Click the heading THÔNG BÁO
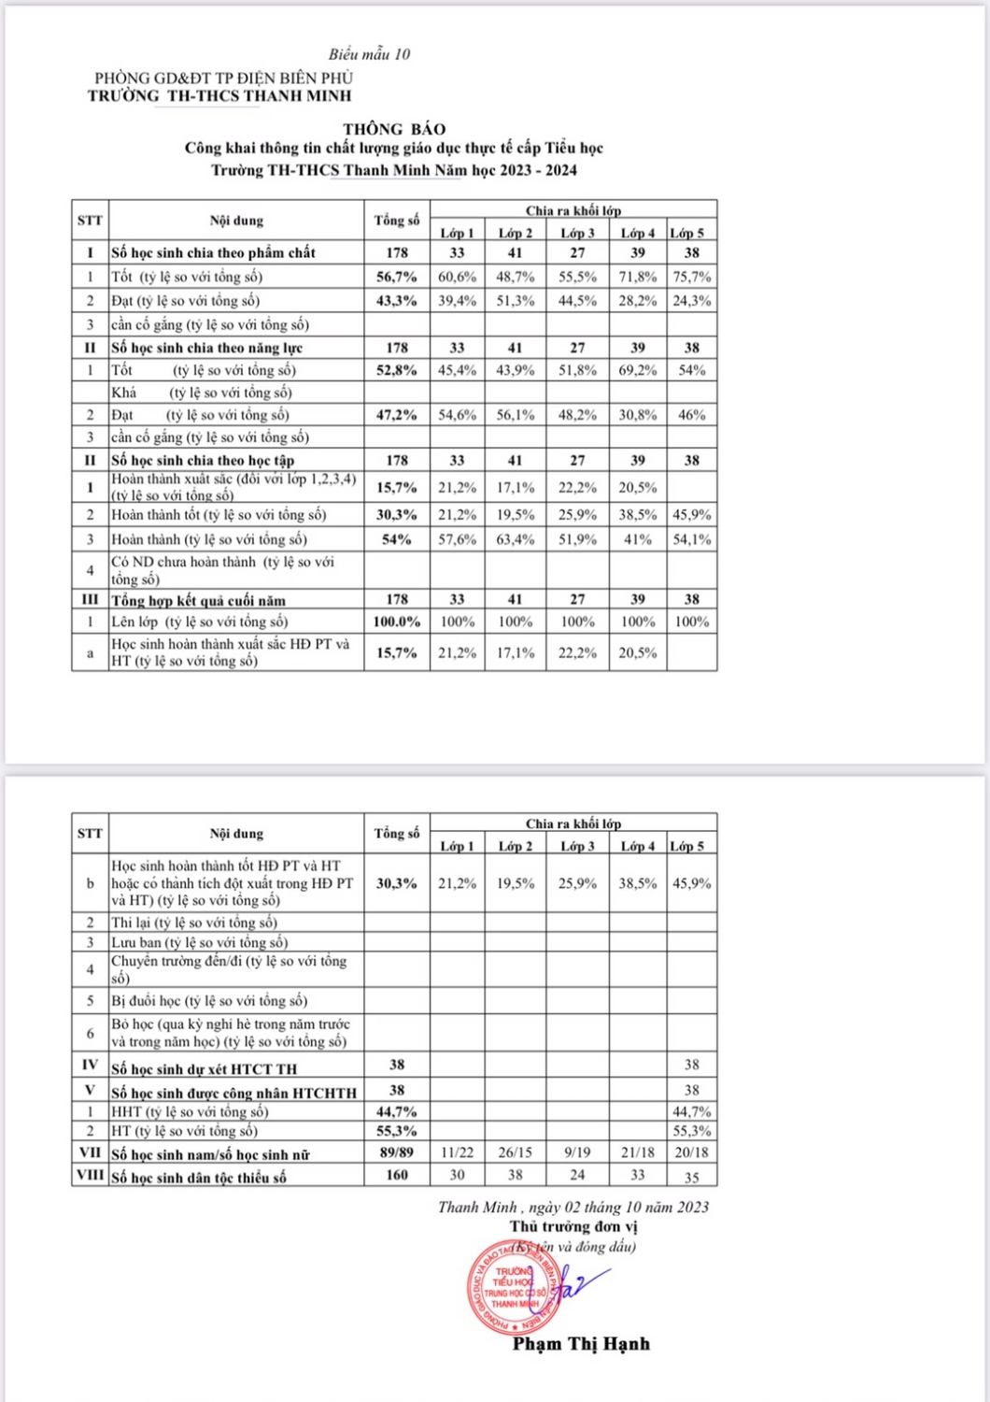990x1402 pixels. tap(394, 129)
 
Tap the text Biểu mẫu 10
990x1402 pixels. tap(369, 54)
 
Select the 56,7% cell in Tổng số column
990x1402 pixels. tap(397, 277)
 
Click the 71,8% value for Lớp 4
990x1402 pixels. tap(637, 277)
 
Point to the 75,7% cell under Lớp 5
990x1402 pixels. tap(691, 277)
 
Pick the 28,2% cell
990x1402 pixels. tap(637, 301)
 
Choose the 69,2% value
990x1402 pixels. tap(637, 370)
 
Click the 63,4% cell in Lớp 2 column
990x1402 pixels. tap(516, 539)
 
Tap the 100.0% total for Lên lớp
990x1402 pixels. tap(397, 622)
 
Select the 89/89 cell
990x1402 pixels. tap(397, 1153)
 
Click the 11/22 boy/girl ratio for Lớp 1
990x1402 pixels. tap(457, 1153)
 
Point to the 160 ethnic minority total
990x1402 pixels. tap(397, 1176)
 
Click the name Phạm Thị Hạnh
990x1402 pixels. tap(580, 1344)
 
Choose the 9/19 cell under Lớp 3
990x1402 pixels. tap(577, 1153)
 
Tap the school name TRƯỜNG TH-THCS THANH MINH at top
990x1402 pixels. tap(219, 96)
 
